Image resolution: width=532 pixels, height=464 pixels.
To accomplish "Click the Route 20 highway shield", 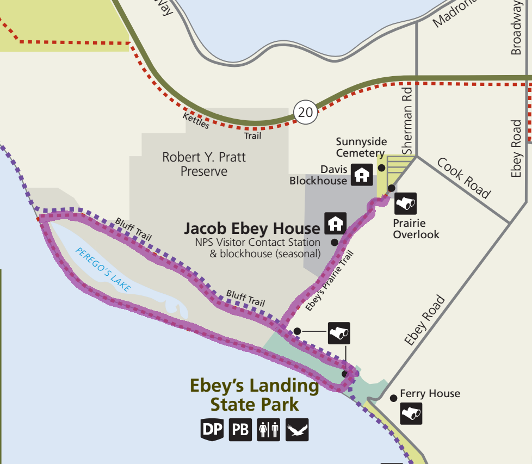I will [x=306, y=112].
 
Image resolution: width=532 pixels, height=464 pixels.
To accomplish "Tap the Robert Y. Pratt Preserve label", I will [x=204, y=164].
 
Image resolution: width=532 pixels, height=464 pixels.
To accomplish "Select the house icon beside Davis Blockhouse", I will [x=361, y=175].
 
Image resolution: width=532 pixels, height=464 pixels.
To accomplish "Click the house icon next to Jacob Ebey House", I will [x=336, y=223].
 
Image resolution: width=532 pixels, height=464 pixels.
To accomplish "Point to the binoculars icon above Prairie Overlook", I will [x=405, y=203].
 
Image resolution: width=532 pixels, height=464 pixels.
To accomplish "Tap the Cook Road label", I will [x=463, y=179].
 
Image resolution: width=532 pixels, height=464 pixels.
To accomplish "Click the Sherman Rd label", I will [x=407, y=122].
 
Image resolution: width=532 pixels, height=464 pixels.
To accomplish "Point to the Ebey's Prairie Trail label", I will [x=330, y=280].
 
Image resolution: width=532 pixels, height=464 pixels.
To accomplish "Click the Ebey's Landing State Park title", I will [x=254, y=395].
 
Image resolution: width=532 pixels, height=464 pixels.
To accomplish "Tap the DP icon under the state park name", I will [x=212, y=430].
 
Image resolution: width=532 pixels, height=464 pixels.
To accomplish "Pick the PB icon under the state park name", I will [x=240, y=430].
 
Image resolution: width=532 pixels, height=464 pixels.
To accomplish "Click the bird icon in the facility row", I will [x=297, y=430].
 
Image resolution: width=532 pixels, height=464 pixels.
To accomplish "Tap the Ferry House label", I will [x=430, y=393].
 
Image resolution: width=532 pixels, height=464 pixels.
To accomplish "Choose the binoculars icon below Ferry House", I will [x=411, y=413].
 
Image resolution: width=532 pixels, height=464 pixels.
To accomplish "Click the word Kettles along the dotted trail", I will [x=195, y=121].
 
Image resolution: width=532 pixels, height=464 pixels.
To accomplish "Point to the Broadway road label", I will [x=516, y=27].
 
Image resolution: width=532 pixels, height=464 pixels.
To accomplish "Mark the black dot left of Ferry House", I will [x=393, y=398].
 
